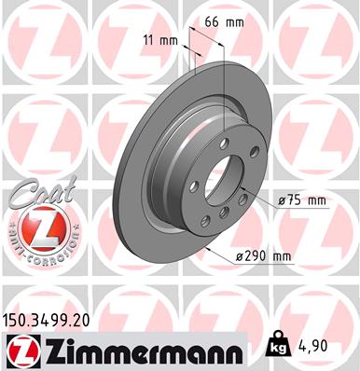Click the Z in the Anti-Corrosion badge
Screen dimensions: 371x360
tap(37, 228)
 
